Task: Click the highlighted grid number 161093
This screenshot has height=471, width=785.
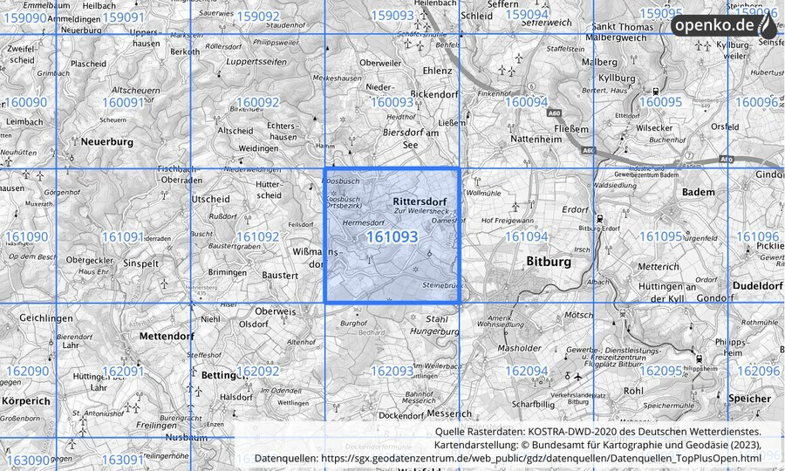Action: pos(392,236)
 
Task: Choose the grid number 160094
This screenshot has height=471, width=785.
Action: pos(526,102)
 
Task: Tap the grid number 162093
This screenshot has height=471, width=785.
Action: pos(392,371)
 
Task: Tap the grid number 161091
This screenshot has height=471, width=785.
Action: pos(122,236)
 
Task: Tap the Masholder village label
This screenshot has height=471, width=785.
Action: pos(521,348)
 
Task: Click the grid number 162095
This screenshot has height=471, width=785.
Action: pos(660,371)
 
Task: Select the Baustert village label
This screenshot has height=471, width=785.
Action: pos(280,276)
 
